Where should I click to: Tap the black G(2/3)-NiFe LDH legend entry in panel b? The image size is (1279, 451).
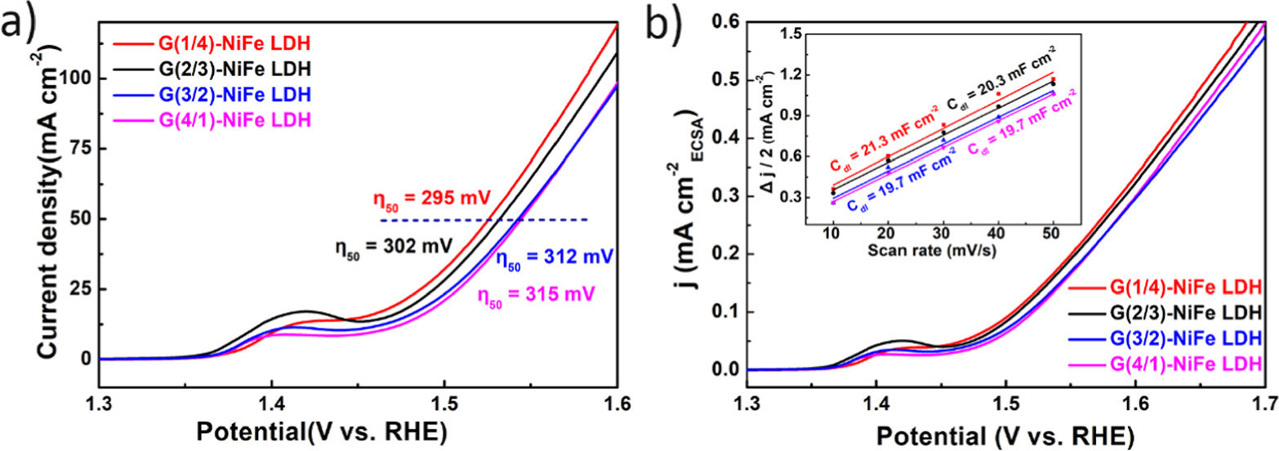(1184, 313)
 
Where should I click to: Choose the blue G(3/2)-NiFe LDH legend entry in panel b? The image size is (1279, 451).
(1184, 338)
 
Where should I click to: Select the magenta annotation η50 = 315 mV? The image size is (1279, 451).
(540, 292)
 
